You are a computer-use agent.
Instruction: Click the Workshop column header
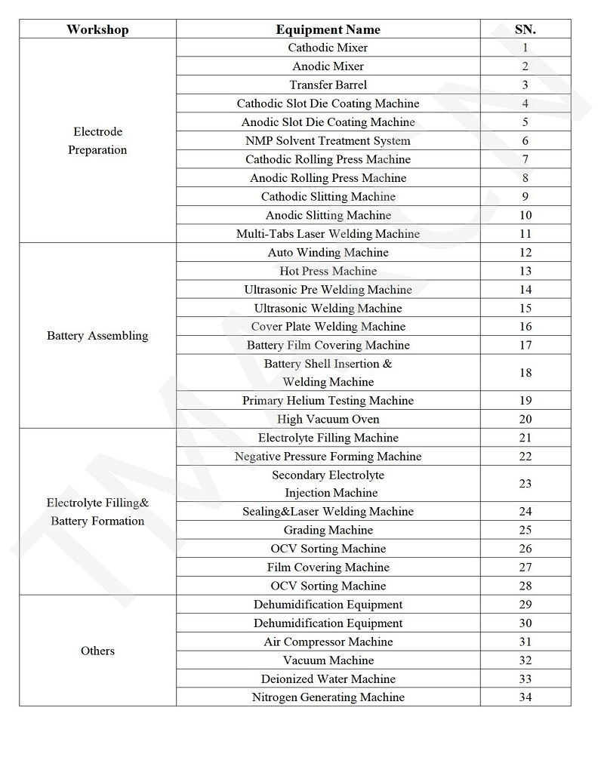[x=97, y=29]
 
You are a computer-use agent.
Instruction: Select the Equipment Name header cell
[x=328, y=29]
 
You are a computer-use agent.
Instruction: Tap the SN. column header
[x=525, y=29]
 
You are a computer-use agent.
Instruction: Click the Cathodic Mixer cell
[x=328, y=48]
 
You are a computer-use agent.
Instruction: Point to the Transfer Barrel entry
[x=328, y=85]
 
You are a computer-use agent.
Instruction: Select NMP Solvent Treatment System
[x=328, y=140]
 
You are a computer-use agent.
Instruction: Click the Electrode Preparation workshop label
[x=97, y=140]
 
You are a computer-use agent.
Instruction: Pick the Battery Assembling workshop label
[x=97, y=335]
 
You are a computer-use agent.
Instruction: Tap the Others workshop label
[x=97, y=651]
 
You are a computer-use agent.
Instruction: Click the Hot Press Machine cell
[x=328, y=271]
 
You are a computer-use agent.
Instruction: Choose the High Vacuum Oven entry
[x=328, y=419]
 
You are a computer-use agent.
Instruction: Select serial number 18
[x=525, y=373]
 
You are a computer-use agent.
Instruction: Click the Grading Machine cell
[x=328, y=530]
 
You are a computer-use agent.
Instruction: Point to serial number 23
[x=525, y=484]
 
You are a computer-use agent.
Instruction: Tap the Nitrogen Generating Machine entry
[x=328, y=697]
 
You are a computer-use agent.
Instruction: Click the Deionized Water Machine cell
[x=328, y=678]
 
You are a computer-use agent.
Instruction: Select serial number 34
[x=525, y=697]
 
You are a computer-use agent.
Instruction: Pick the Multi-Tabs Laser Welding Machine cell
[x=328, y=234]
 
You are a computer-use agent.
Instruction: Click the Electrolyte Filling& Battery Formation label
[x=97, y=512]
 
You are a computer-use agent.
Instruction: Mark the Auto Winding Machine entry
[x=328, y=252]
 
